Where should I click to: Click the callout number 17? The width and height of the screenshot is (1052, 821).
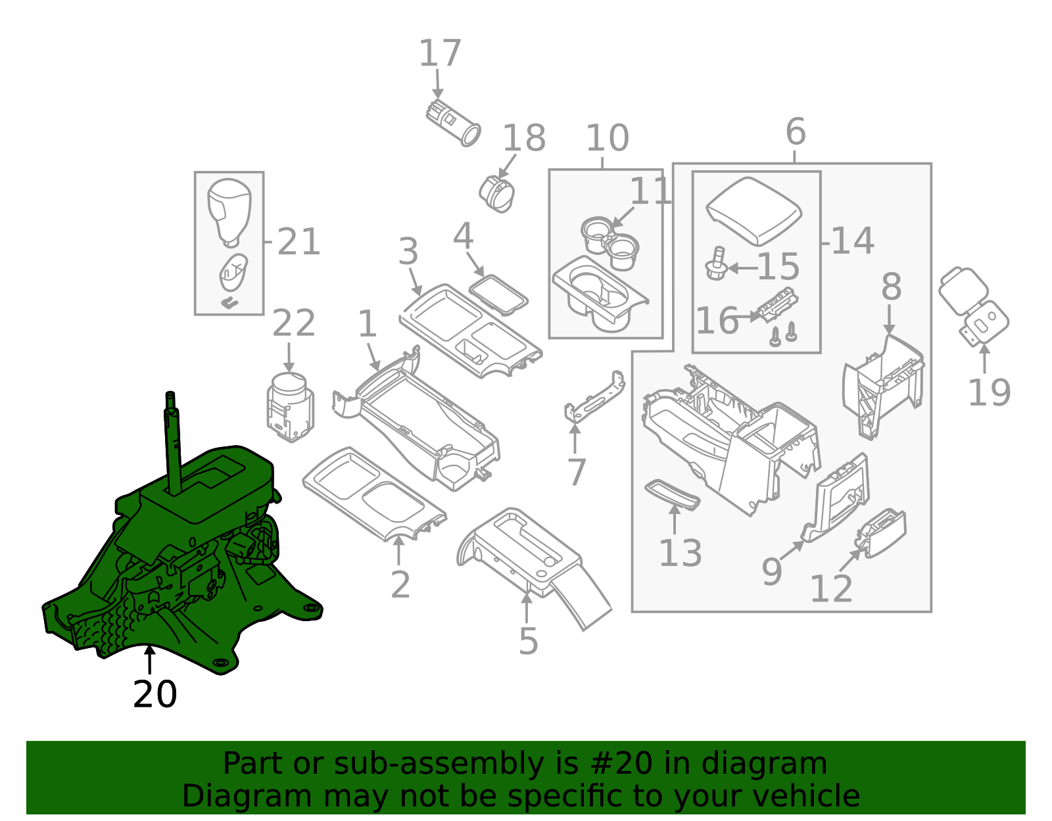440,54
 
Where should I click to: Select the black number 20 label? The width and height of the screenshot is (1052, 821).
155,695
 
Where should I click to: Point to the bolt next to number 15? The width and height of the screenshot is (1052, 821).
716,264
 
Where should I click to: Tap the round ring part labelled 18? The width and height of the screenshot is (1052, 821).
497,193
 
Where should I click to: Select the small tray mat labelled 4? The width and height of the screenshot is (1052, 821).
498,294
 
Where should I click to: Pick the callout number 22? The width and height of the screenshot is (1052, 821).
293,323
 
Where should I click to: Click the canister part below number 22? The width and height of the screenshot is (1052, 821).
290,408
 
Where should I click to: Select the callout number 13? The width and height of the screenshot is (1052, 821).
680,553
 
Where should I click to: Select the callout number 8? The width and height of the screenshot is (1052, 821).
891,288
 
